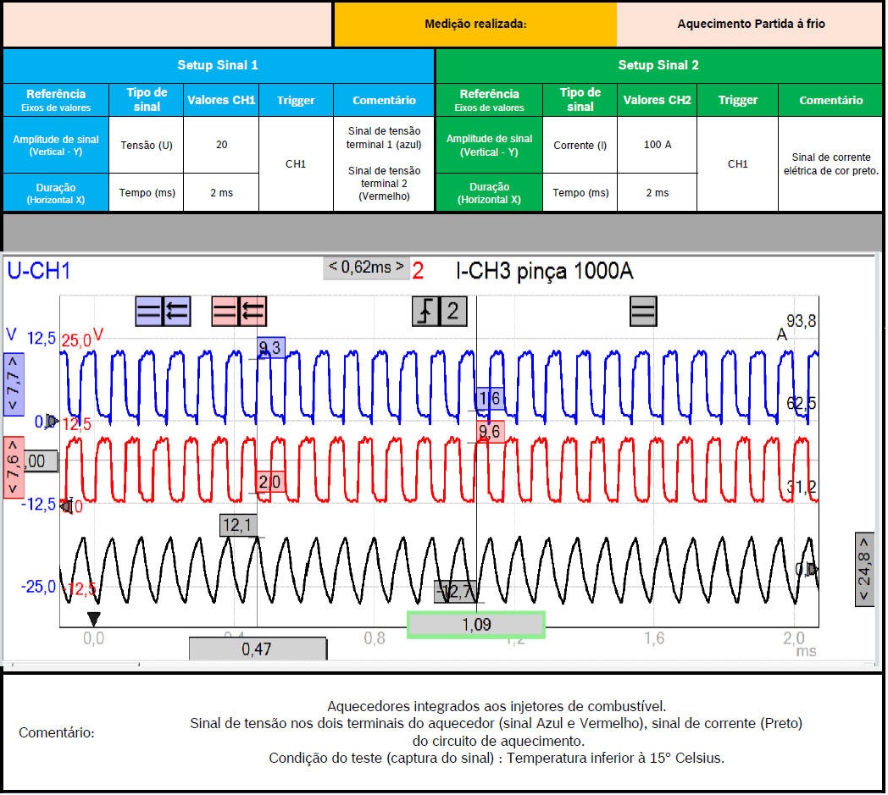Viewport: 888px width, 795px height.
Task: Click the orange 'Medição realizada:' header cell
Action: pos(475,24)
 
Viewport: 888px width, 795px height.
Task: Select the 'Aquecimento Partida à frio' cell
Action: pos(751,24)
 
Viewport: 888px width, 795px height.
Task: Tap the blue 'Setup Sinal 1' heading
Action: pos(218,65)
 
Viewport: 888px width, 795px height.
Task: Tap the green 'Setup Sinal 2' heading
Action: pos(658,65)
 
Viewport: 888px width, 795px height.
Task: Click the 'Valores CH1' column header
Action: pos(221,100)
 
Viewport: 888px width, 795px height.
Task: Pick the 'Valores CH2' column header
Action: pos(657,100)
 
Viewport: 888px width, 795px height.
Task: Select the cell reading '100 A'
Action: pos(657,145)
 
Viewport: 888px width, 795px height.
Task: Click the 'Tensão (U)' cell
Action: pos(147,145)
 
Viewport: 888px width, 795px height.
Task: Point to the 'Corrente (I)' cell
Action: pos(580,145)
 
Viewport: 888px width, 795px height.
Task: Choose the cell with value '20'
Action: pos(221,145)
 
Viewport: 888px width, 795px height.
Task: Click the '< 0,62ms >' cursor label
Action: pos(366,268)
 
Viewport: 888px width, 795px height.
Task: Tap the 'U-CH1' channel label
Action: pos(39,271)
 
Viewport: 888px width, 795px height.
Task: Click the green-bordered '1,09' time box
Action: pos(475,625)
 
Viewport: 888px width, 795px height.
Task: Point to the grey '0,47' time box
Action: pos(258,649)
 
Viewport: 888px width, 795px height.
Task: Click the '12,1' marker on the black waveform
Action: pos(237,526)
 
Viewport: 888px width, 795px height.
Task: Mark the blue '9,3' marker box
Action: pos(271,347)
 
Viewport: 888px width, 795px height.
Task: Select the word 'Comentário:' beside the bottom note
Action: pos(57,732)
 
